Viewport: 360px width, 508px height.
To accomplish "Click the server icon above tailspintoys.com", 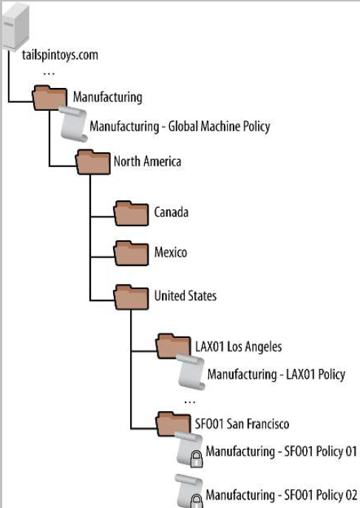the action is (16, 27).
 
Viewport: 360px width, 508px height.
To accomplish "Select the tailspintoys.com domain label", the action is (60, 55).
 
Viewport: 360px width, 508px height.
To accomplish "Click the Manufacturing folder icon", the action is (50, 98).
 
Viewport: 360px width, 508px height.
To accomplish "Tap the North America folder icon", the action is (93, 162).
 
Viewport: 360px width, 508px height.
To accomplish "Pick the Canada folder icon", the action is (131, 213).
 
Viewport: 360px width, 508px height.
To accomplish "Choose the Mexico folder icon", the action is (131, 254).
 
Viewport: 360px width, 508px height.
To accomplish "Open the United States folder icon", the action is (131, 297).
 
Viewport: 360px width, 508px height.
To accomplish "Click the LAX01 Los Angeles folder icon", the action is (173, 346).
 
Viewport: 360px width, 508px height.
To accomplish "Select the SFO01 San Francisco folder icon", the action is (173, 424).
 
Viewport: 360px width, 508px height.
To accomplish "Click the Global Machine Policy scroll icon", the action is (74, 124).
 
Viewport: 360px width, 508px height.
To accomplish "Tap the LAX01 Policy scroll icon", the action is (191, 372).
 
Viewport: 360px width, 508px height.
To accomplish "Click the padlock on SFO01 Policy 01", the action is (196, 459).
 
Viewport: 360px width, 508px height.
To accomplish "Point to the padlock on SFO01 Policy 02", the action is (196, 502).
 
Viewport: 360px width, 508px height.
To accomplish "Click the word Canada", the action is (171, 212).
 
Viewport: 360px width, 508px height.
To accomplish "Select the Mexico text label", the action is (171, 252).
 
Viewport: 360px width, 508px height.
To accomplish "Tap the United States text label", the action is (186, 296).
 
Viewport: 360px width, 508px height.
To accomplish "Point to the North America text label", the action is (147, 161).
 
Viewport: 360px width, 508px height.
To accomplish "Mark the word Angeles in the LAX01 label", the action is (263, 347).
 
